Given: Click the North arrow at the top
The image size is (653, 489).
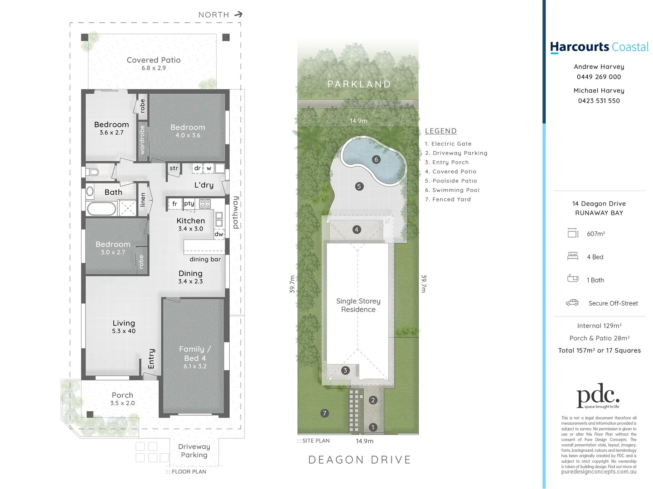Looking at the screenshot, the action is tap(238, 14).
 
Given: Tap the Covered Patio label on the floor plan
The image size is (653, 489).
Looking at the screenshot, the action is tap(154, 60).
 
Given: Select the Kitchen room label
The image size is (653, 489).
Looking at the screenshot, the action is tap(191, 221).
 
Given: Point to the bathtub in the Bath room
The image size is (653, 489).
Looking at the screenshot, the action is tap(102, 209).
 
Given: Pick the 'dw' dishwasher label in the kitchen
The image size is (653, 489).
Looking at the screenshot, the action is tap(219, 234).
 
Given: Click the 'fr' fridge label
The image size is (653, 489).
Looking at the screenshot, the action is tap(174, 204).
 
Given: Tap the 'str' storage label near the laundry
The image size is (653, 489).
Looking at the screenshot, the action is tap(174, 168).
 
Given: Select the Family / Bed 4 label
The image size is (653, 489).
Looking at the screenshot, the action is tap(195, 354).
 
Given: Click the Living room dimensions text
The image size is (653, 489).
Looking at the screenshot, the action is tap(124, 331).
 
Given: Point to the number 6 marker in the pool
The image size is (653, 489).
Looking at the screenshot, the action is tap(376, 160).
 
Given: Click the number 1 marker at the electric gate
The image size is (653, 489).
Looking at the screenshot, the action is tap(373, 427).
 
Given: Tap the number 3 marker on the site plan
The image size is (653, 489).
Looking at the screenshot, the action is tap(345, 370).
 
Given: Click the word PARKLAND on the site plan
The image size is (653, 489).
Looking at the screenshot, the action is tap(359, 84).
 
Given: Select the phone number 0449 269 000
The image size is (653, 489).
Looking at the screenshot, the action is tap(599, 77).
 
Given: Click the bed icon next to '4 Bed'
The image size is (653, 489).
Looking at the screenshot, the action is tap(573, 256).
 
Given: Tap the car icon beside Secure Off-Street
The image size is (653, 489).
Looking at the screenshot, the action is tap(572, 302).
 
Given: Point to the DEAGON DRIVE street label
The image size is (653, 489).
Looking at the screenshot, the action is tap(360, 460).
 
